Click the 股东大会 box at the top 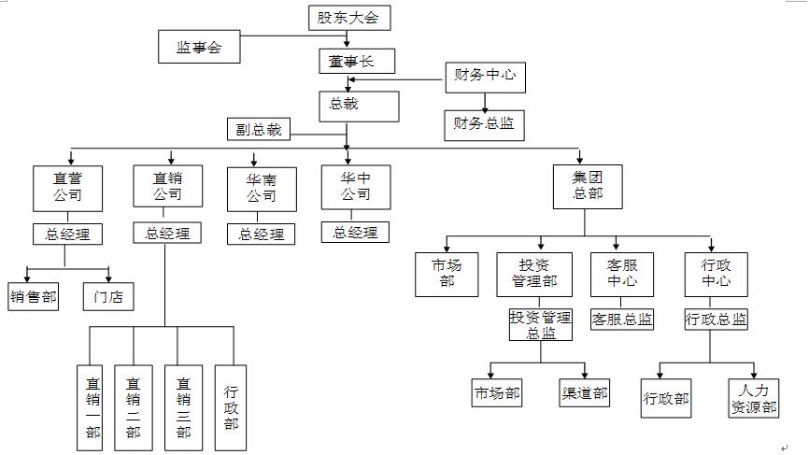[x=348, y=18]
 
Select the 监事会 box [x=199, y=48]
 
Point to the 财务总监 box [x=484, y=124]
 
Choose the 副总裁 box [x=257, y=129]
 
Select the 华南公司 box [x=262, y=189]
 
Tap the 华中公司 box [x=355, y=187]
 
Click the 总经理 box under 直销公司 [x=167, y=234]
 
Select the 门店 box [x=107, y=297]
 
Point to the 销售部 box [x=34, y=297]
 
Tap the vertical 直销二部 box [x=134, y=407]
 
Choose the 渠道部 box [x=585, y=393]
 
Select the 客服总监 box [x=622, y=320]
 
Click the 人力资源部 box [x=754, y=398]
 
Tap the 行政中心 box [x=717, y=274]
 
